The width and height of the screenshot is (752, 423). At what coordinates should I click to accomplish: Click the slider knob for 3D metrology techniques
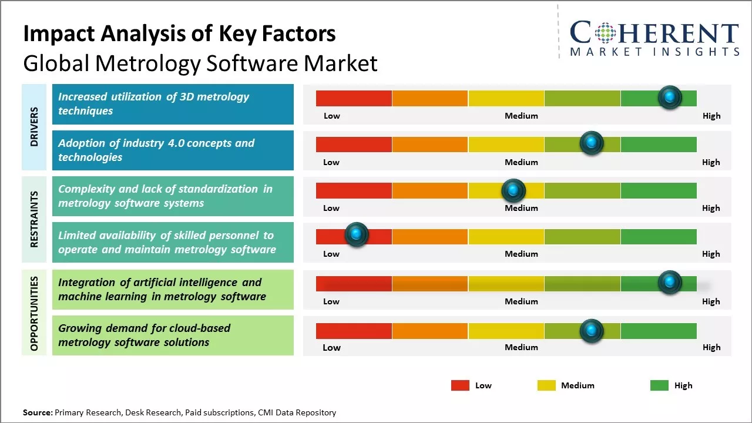(x=670, y=98)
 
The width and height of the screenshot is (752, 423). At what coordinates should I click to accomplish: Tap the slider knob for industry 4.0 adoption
(x=592, y=143)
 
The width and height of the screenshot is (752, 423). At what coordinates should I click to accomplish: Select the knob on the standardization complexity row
(x=513, y=190)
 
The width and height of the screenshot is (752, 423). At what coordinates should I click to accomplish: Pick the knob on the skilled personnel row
(x=356, y=235)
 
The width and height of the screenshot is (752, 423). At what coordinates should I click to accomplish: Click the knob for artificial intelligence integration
(x=670, y=283)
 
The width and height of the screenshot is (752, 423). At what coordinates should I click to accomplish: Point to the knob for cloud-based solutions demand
(x=592, y=331)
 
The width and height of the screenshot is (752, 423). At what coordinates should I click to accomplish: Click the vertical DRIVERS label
(x=34, y=126)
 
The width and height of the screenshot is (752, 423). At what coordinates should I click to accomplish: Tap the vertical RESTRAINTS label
(x=34, y=219)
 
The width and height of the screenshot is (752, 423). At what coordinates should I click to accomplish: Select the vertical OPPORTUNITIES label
(x=34, y=313)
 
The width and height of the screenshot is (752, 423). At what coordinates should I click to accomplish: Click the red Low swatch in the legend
(x=460, y=385)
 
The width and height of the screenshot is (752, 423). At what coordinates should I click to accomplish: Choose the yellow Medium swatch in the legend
(x=546, y=385)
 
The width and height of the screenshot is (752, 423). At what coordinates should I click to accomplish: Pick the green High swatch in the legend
(x=659, y=385)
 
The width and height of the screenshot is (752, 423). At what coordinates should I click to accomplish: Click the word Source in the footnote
(x=37, y=412)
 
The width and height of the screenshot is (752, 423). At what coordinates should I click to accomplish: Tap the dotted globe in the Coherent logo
(x=605, y=32)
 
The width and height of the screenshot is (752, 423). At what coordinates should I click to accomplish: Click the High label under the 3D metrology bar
(x=711, y=116)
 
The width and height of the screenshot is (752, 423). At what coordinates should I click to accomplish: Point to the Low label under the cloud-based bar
(x=331, y=347)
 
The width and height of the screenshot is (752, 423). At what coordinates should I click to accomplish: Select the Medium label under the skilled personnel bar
(x=521, y=254)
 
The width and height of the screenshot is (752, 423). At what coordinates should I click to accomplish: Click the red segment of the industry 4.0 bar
(x=354, y=145)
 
